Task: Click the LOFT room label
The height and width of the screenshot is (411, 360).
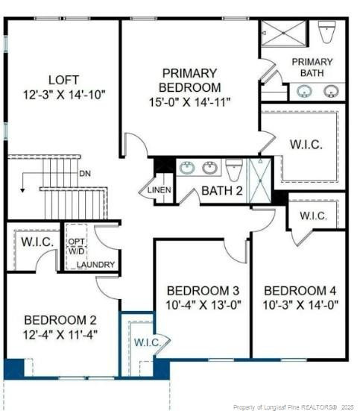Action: pos(63,80)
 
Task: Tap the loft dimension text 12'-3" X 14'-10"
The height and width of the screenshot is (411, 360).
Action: pos(64,95)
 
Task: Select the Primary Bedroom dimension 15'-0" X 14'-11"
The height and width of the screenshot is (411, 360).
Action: pos(190,102)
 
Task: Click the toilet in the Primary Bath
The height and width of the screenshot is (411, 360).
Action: pos(326,32)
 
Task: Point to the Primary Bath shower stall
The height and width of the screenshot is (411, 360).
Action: pos(284,34)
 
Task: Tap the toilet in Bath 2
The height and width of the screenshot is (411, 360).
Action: pos(234,169)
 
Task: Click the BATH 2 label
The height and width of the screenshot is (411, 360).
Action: pos(222,190)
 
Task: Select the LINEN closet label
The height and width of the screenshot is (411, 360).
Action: pos(160,190)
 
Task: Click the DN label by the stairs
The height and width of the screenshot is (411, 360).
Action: pos(85,174)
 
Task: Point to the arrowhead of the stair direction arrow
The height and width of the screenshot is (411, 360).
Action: pos(23,190)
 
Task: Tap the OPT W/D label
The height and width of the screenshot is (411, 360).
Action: pos(77,246)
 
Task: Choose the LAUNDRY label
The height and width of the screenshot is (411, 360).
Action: pos(95,265)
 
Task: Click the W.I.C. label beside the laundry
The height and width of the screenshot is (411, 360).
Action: pos(37,242)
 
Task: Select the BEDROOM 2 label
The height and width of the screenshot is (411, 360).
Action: pos(60,320)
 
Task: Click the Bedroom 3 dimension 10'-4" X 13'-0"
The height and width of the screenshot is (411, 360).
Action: pos(203,305)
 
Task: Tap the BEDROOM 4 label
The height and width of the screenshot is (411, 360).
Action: pos(300,291)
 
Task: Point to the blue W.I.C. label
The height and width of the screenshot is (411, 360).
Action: pos(148,342)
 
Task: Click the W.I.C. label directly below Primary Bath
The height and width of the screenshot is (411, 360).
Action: pos(306,145)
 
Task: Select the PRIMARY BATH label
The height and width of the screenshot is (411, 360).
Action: pos(312,67)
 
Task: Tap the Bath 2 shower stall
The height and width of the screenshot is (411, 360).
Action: pos(260,181)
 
